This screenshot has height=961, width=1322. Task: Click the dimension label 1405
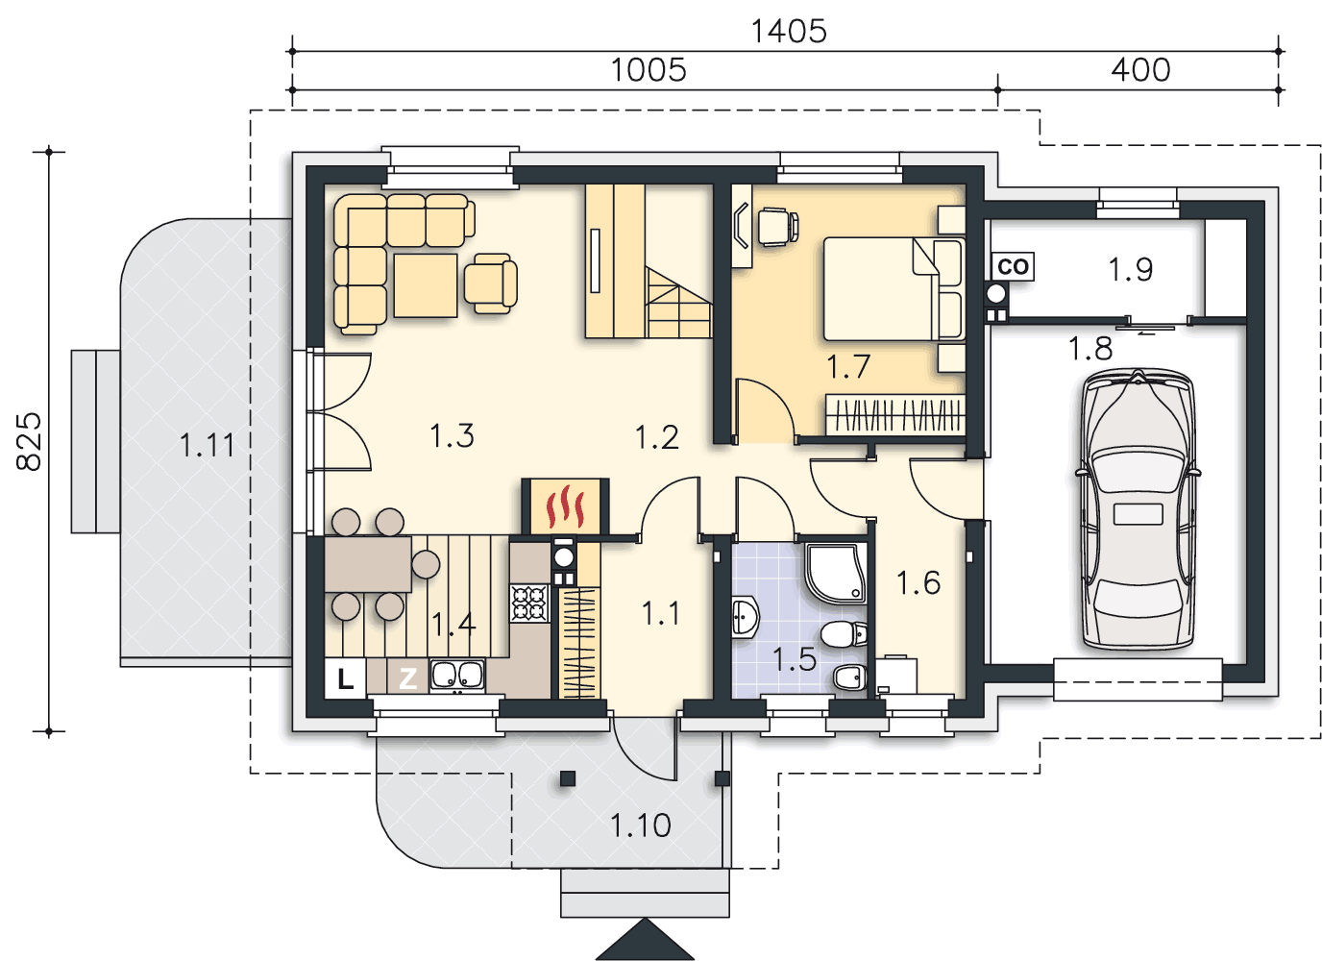click(x=789, y=32)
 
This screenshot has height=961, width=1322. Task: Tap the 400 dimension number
click(x=1140, y=69)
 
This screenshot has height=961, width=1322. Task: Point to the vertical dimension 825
click(x=29, y=441)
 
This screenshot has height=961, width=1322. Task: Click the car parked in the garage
click(x=1138, y=509)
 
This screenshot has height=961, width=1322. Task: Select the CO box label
click(x=1014, y=266)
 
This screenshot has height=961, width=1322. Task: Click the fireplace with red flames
click(x=565, y=506)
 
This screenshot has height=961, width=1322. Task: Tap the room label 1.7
click(x=848, y=366)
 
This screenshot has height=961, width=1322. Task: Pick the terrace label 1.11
click(x=207, y=445)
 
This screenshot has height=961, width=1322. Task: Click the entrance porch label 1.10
click(x=640, y=825)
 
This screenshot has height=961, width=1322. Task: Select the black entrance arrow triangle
click(x=645, y=939)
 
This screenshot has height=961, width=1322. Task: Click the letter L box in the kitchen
click(x=345, y=678)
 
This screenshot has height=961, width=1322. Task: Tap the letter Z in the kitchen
click(x=407, y=678)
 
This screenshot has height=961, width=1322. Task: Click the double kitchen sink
click(x=457, y=676)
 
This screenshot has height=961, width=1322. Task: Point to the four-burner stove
click(x=529, y=604)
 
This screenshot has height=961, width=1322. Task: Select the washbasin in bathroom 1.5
click(x=745, y=618)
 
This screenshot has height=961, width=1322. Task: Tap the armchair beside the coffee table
click(x=490, y=283)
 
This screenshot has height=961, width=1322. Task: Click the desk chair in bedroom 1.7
click(x=778, y=227)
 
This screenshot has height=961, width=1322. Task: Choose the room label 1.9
click(x=1130, y=270)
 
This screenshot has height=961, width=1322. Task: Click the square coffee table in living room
click(x=426, y=285)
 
